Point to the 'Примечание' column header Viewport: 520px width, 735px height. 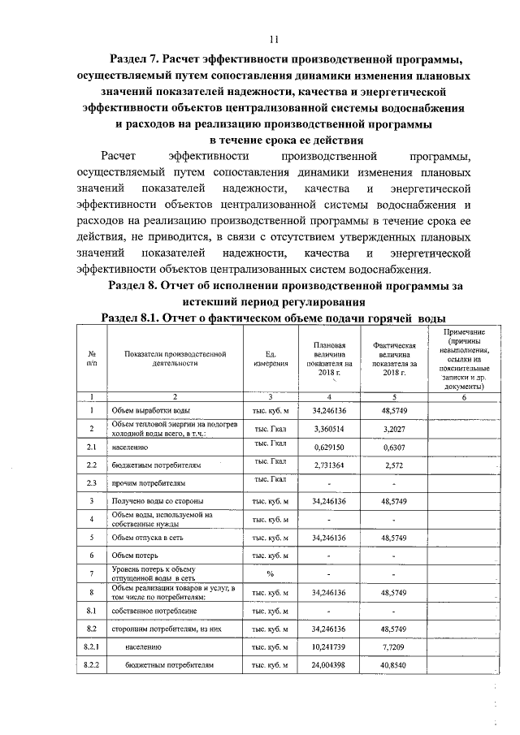point(465,359)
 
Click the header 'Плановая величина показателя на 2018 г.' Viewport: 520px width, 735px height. point(329,359)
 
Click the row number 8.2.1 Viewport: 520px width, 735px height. point(92,646)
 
